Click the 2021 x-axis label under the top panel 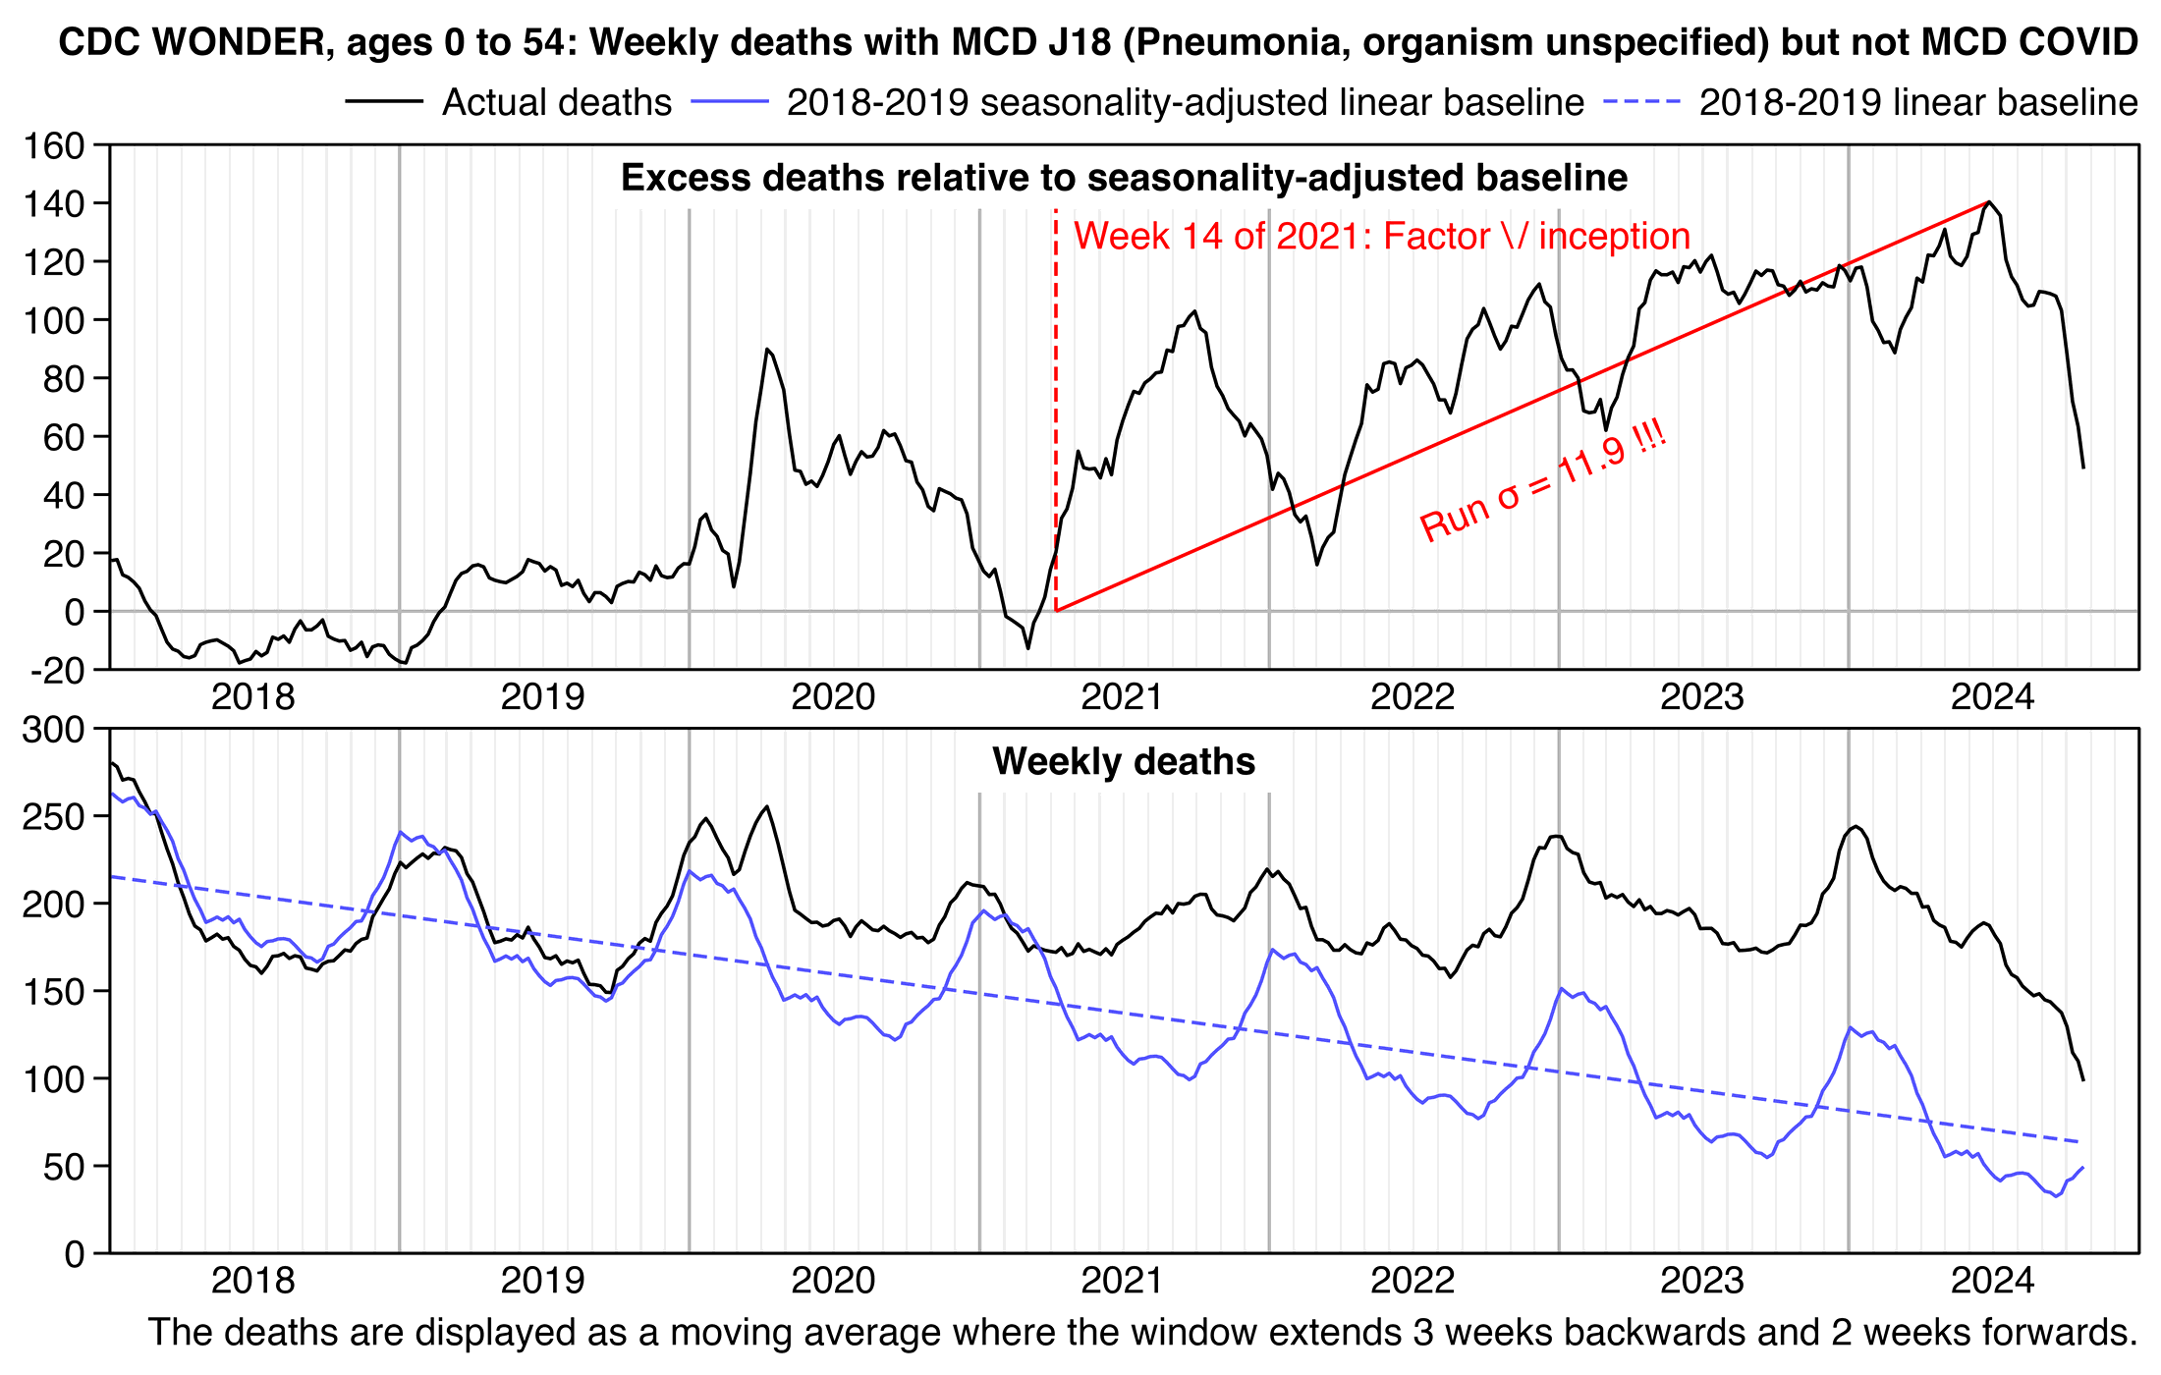pyautogui.click(x=1122, y=697)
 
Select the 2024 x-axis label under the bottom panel pyautogui.click(x=1991, y=1281)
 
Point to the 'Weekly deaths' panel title pyautogui.click(x=1124, y=762)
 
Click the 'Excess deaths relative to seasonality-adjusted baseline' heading pyautogui.click(x=1124, y=178)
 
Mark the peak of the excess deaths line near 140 pyautogui.click(x=1989, y=202)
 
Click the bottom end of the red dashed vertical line pyautogui.click(x=1056, y=611)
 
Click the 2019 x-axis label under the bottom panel pyautogui.click(x=542, y=1281)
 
